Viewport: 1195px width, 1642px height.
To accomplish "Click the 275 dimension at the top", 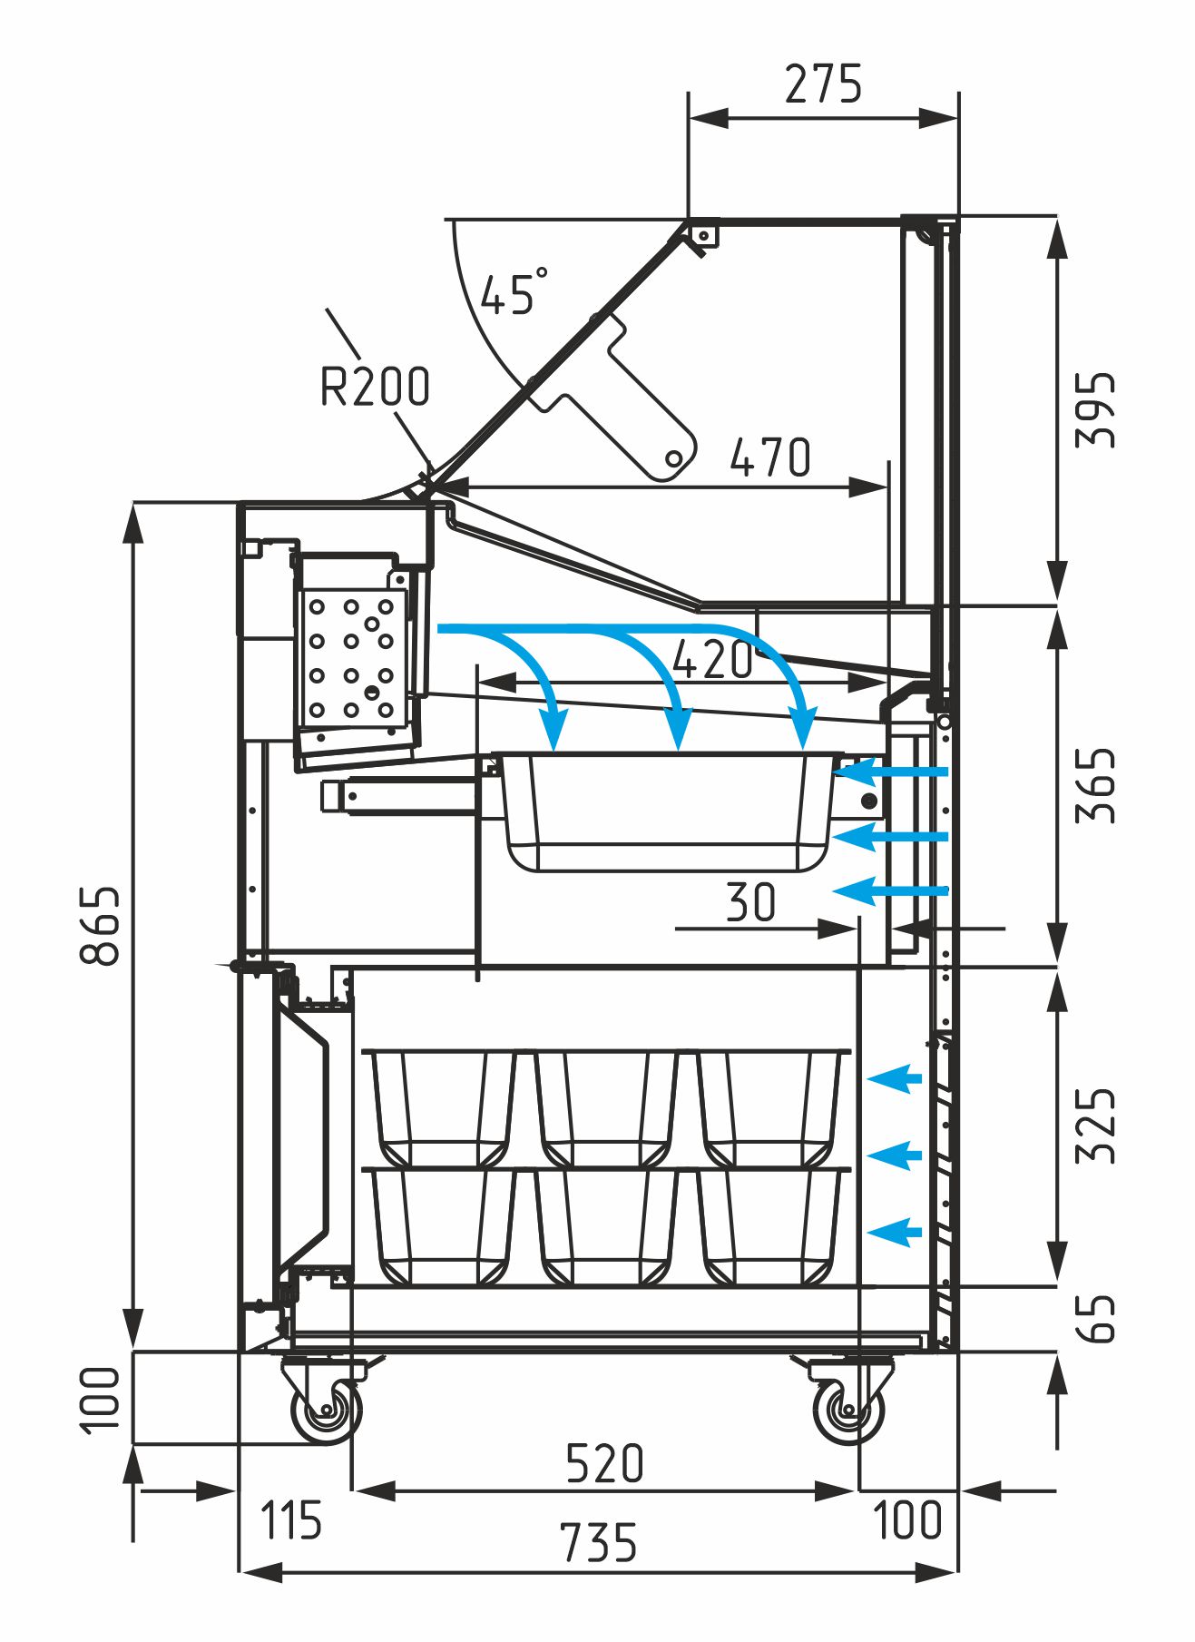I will (x=822, y=84).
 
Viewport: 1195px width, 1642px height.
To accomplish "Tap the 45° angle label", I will (x=513, y=292).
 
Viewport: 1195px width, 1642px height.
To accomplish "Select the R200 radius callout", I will (x=375, y=387).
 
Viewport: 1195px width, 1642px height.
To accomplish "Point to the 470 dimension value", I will (x=770, y=457).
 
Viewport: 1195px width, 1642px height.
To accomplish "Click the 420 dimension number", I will (x=713, y=660).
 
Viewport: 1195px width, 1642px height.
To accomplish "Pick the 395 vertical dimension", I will (x=1095, y=409).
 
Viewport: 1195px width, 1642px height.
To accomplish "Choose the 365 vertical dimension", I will (x=1095, y=785).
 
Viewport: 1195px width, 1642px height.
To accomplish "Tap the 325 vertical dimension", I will (x=1095, y=1125).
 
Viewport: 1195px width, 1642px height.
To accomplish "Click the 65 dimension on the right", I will (x=1095, y=1318).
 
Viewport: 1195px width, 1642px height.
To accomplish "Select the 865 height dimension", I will (x=100, y=925).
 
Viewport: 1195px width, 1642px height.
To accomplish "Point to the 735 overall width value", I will (x=598, y=1543).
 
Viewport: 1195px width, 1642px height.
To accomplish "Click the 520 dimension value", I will (x=604, y=1463).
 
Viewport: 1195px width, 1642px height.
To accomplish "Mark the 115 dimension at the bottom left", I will (x=290, y=1520).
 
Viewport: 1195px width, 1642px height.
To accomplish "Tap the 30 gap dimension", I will (x=751, y=902).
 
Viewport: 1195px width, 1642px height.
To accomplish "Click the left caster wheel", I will (x=325, y=1411).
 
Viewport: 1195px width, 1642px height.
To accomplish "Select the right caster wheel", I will (x=847, y=1411).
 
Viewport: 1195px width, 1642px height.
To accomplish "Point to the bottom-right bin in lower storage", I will (x=770, y=1226).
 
